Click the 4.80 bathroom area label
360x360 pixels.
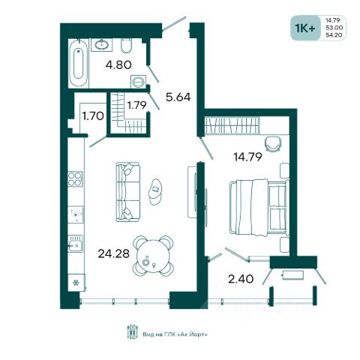pyautogui.click(x=118, y=65)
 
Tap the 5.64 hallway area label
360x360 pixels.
pyautogui.click(x=178, y=97)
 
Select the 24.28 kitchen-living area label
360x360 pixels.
pyautogui.click(x=114, y=253)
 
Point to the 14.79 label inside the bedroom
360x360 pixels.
pyautogui.click(x=247, y=157)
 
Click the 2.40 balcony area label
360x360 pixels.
pyautogui.click(x=241, y=279)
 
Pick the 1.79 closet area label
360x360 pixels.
pyautogui.click(x=136, y=105)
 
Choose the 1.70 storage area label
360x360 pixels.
pyautogui.click(x=93, y=116)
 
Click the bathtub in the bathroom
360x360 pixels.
pyautogui.click(x=79, y=64)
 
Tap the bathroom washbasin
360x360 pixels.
pyautogui.click(x=101, y=45)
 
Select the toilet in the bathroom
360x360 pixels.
pyautogui.click(x=126, y=46)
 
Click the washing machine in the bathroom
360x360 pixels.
pyautogui.click(x=138, y=81)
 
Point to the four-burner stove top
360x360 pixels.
pyautogui.click(x=75, y=179)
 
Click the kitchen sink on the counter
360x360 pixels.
pyautogui.click(x=75, y=244)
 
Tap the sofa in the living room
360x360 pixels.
pyautogui.click(x=127, y=192)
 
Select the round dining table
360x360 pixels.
pyautogui.click(x=153, y=256)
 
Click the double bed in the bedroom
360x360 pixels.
pyautogui.click(x=259, y=208)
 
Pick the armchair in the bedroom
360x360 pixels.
pyautogui.click(x=273, y=143)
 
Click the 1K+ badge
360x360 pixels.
pyautogui.click(x=305, y=28)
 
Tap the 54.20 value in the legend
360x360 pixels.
pyautogui.click(x=334, y=35)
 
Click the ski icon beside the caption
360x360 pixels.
pyautogui.click(x=133, y=332)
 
